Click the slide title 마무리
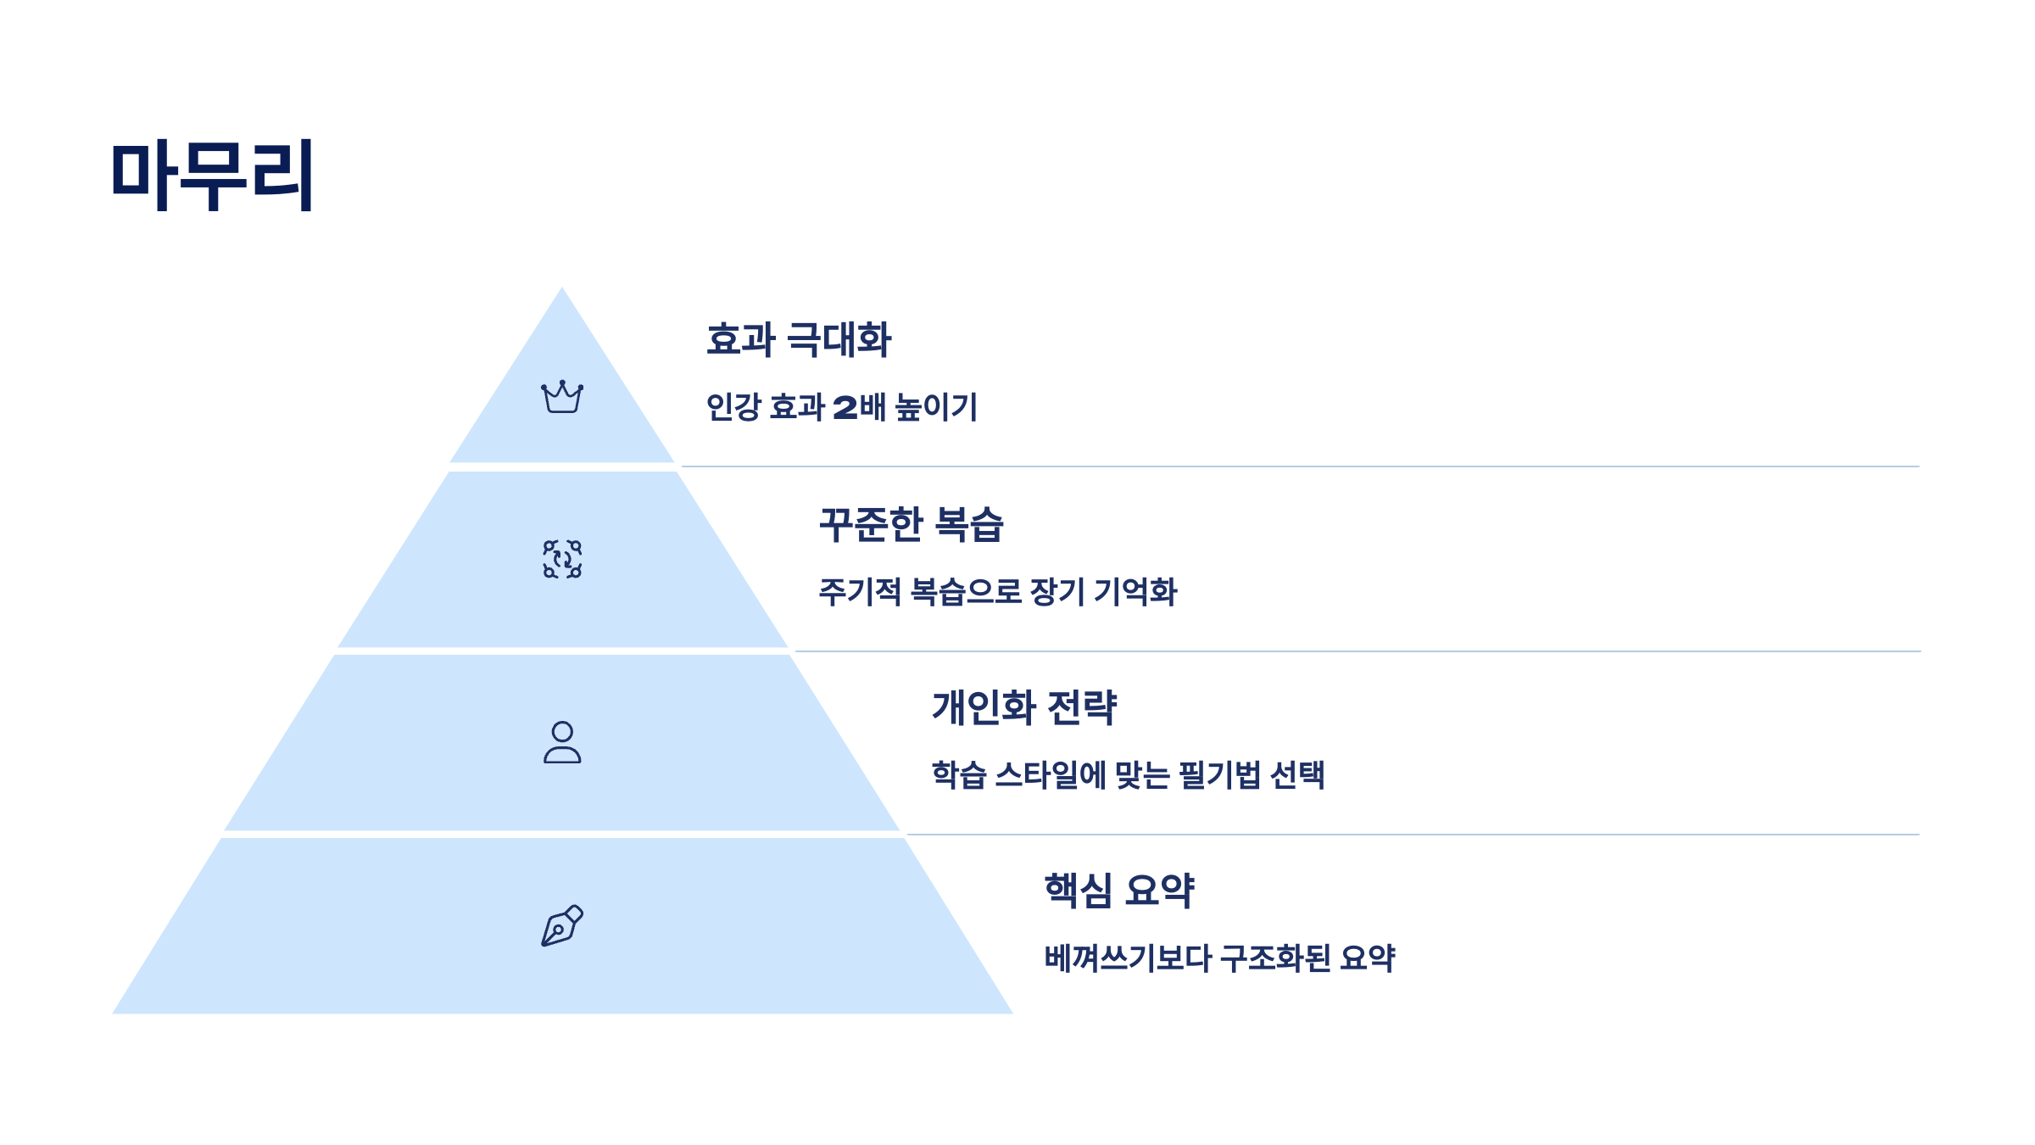coord(212,175)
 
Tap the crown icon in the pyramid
coord(562,397)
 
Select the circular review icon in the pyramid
coord(562,560)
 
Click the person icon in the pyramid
coord(562,743)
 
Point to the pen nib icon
coord(562,925)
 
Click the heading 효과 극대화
coord(799,340)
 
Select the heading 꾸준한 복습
coord(912,524)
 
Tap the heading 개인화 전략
coord(1024,707)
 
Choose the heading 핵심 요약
coord(1119,891)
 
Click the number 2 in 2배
coord(845,408)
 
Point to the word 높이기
coord(937,407)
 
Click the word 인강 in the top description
coord(733,407)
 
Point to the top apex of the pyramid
coord(561,289)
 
